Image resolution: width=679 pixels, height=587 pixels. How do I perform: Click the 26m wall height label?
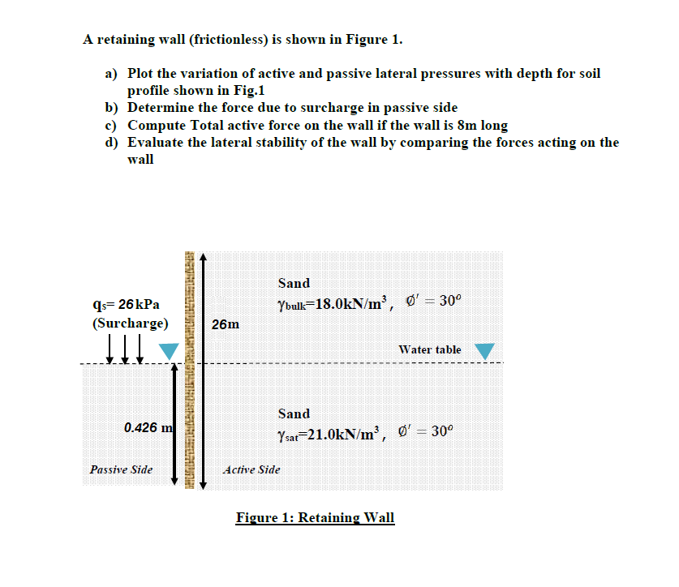click(x=225, y=324)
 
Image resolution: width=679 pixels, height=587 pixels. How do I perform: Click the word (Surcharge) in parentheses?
click(x=130, y=323)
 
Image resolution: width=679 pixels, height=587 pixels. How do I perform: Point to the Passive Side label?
click(x=121, y=469)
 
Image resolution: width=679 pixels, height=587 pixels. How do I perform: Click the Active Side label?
click(x=251, y=469)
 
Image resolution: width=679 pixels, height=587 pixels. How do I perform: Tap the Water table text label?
click(x=430, y=349)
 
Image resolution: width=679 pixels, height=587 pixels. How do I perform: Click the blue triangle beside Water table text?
click(x=483, y=350)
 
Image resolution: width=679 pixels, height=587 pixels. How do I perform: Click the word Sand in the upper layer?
click(x=294, y=283)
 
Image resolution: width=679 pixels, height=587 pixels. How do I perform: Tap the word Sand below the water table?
click(x=294, y=413)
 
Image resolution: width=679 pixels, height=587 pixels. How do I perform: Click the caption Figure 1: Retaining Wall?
click(x=315, y=517)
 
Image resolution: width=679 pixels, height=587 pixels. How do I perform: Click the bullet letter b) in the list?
click(x=112, y=108)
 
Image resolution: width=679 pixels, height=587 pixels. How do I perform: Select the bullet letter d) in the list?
click(x=112, y=143)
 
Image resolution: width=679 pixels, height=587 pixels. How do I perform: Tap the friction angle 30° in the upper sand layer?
click(x=449, y=301)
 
